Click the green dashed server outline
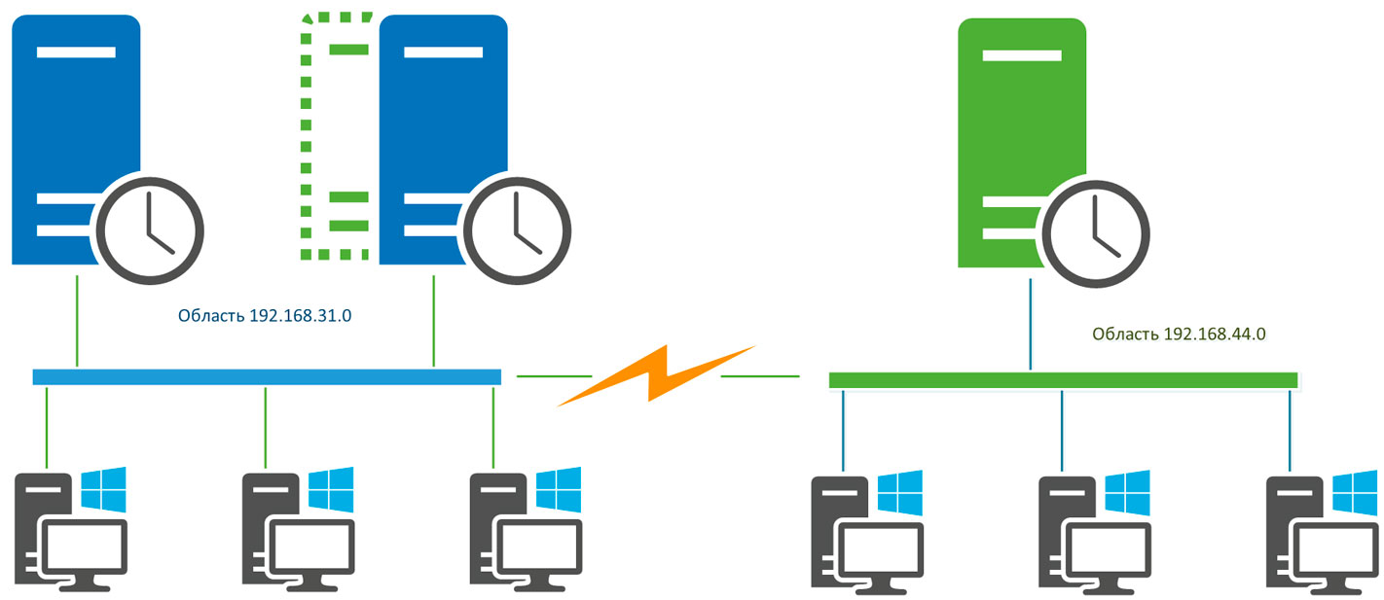[x=336, y=136]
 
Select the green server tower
[x=1023, y=136]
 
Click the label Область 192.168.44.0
[x=1178, y=334]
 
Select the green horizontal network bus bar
[x=1062, y=379]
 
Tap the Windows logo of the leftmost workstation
[x=104, y=489]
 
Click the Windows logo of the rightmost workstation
[x=1355, y=493]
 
